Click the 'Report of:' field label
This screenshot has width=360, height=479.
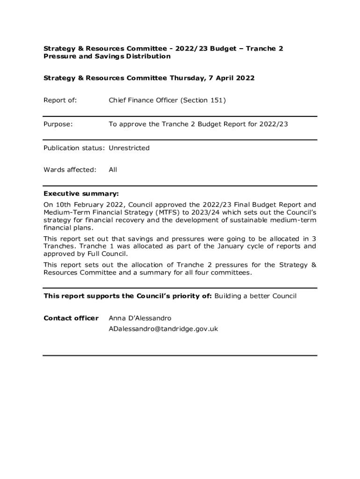pos(60,100)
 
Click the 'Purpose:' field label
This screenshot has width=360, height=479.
pos(58,124)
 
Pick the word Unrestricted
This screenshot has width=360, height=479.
pos(129,148)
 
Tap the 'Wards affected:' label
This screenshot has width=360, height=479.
pos(70,169)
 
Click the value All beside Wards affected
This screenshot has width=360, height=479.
pos(113,169)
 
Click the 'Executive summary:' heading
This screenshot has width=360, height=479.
pos(81,193)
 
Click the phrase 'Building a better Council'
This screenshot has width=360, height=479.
pos(255,296)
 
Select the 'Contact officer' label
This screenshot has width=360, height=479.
pos(71,318)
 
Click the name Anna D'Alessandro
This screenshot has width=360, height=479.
pos(140,318)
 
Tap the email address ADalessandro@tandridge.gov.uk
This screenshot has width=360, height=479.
pos(163,329)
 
